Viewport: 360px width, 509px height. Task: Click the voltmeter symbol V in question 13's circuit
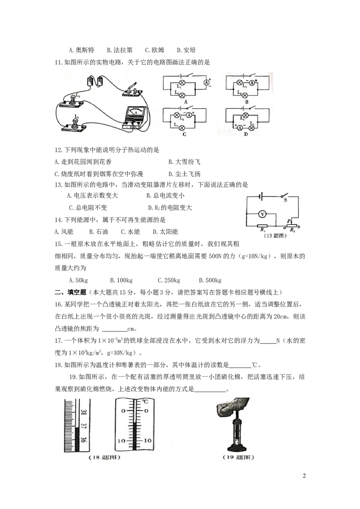click(x=262, y=214)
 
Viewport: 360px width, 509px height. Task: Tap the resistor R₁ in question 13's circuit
click(x=262, y=226)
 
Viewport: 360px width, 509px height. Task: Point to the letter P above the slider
click(x=289, y=221)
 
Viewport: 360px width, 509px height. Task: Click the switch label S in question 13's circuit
click(x=285, y=200)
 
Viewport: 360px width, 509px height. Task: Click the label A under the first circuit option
click(x=186, y=102)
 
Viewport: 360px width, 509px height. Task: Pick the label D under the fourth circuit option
click(x=246, y=134)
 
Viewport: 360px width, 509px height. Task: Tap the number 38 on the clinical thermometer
click(x=84, y=413)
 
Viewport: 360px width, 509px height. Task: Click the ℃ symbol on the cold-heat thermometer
click(x=145, y=402)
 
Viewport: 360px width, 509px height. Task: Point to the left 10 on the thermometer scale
click(x=121, y=441)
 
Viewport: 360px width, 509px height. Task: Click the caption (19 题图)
click(x=238, y=457)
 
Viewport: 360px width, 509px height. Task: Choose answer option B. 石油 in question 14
click(x=99, y=232)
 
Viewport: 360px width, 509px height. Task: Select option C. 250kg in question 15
click(x=169, y=281)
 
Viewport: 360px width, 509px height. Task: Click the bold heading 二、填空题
click(x=70, y=292)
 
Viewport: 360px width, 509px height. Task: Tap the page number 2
click(x=304, y=476)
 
